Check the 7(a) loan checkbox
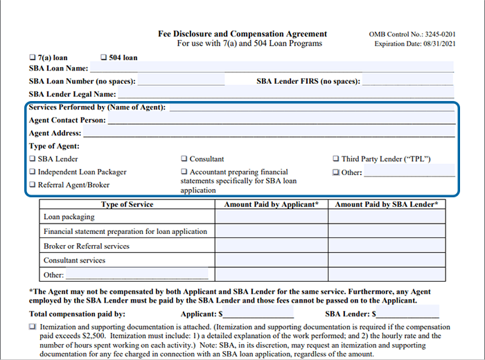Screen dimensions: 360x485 32,57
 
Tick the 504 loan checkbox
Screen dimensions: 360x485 104,57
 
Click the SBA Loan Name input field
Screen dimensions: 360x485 271,68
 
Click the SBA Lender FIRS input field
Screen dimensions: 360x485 407,81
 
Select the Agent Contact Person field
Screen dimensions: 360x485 280,120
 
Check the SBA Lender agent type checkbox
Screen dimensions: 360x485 32,159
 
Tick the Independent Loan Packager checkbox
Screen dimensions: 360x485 32,172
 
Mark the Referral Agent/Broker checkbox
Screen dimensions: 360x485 32,185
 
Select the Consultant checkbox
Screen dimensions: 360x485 184,159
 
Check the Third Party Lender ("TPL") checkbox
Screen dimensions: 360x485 336,159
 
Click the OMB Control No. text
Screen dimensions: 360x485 414,34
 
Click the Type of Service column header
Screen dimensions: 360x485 127,205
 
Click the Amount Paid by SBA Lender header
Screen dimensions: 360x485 386,205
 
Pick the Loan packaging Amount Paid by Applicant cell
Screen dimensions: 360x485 271,217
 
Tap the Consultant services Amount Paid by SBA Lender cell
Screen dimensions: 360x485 386,260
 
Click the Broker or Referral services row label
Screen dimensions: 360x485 87,246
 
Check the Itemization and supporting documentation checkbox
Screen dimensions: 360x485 32,326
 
